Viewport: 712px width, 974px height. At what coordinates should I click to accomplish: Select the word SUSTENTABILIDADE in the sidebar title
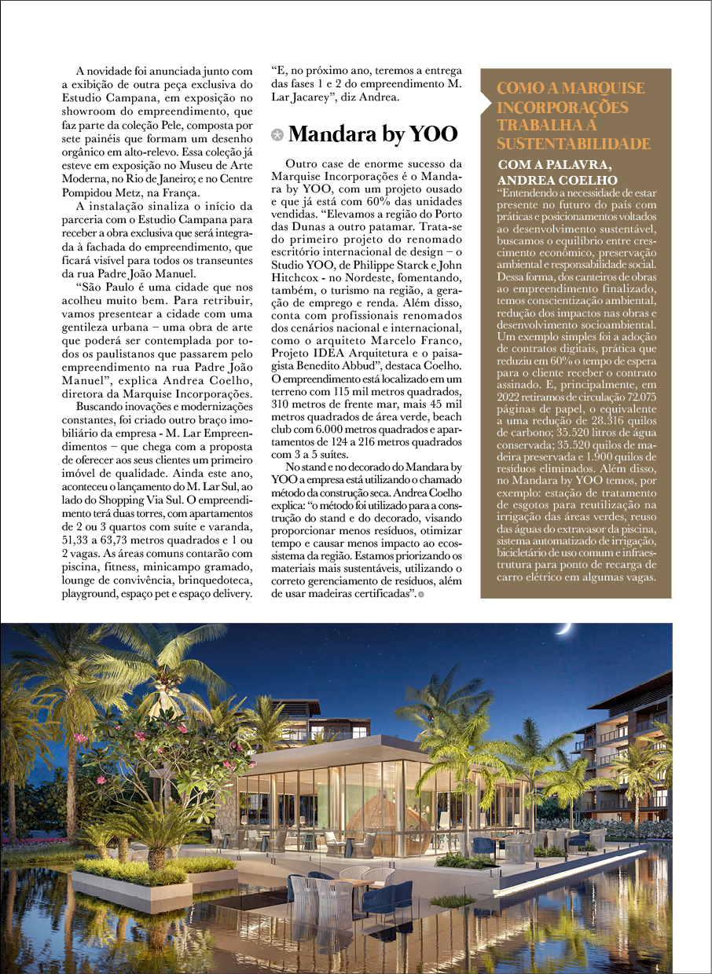click(574, 144)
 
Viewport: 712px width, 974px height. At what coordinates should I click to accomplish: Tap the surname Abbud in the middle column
click(364, 364)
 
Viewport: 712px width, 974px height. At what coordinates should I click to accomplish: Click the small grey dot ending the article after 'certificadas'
click(421, 594)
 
